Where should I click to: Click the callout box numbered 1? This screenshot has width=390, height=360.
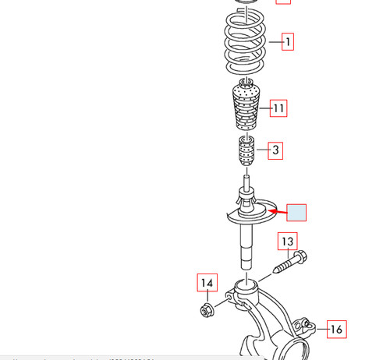(x=288, y=41)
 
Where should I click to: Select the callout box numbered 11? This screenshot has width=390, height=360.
(x=278, y=108)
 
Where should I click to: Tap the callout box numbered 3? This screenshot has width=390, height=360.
(x=275, y=150)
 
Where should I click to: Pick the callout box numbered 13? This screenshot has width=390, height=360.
(x=288, y=242)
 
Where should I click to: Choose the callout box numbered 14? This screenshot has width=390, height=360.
(x=206, y=283)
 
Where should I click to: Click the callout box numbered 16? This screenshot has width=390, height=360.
(x=335, y=329)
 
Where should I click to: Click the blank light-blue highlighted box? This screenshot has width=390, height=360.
(x=296, y=212)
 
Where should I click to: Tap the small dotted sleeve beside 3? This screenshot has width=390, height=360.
(x=246, y=151)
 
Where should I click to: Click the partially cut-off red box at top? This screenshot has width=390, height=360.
(x=283, y=2)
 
